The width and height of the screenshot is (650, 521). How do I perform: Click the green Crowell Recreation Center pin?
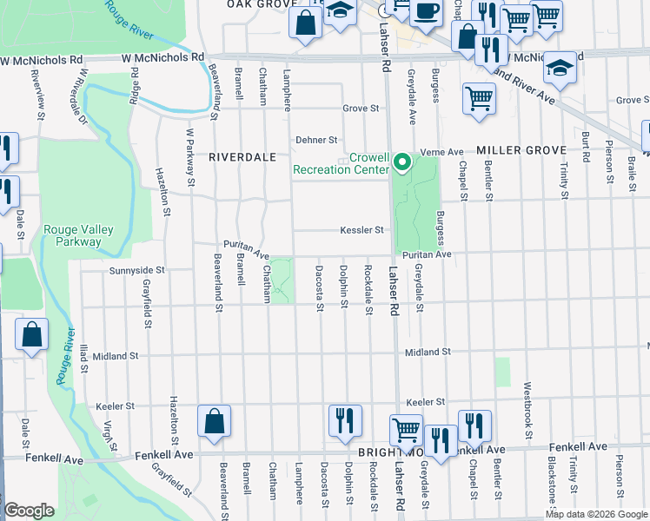pyautogui.click(x=401, y=162)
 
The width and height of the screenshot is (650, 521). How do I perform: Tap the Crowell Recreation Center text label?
pyautogui.click(x=341, y=164)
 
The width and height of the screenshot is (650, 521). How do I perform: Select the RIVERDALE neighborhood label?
pyautogui.click(x=242, y=157)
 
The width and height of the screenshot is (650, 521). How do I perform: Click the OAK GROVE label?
pyautogui.click(x=257, y=4)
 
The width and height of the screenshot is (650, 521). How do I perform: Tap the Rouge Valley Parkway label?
pyautogui.click(x=79, y=235)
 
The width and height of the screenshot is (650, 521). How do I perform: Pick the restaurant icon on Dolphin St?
pyautogui.click(x=345, y=421)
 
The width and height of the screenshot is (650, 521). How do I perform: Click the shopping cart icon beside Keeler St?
pyautogui.click(x=406, y=430)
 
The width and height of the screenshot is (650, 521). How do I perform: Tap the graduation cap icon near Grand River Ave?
pyautogui.click(x=560, y=70)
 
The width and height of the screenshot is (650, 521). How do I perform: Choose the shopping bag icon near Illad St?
pyautogui.click(x=31, y=337)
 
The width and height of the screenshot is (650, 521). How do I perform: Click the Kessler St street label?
pyautogui.click(x=361, y=230)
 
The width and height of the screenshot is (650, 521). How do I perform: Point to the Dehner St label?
pyautogui.click(x=315, y=139)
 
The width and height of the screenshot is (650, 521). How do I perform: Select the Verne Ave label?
pyautogui.click(x=442, y=152)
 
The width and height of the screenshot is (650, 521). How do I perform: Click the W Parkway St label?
pyautogui.click(x=189, y=156)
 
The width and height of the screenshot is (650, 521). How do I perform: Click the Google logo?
pyautogui.click(x=30, y=511)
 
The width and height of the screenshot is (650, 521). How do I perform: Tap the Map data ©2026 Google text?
pyautogui.click(x=596, y=514)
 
